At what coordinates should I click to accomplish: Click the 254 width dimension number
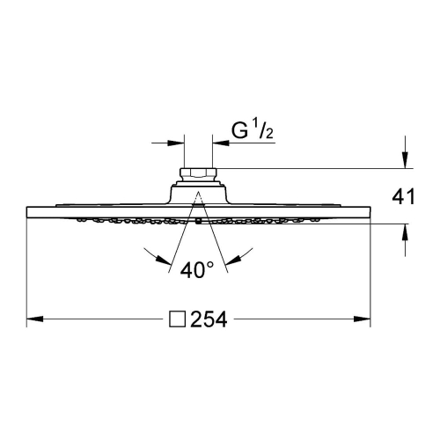(209, 319)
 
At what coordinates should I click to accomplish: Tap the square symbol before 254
(178, 319)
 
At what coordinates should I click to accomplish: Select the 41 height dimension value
(404, 196)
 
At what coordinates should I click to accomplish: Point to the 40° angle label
(197, 270)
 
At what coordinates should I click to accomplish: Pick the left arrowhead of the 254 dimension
(35, 319)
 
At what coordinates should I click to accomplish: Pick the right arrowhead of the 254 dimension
(362, 319)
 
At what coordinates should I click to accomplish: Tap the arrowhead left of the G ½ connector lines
(176, 143)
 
